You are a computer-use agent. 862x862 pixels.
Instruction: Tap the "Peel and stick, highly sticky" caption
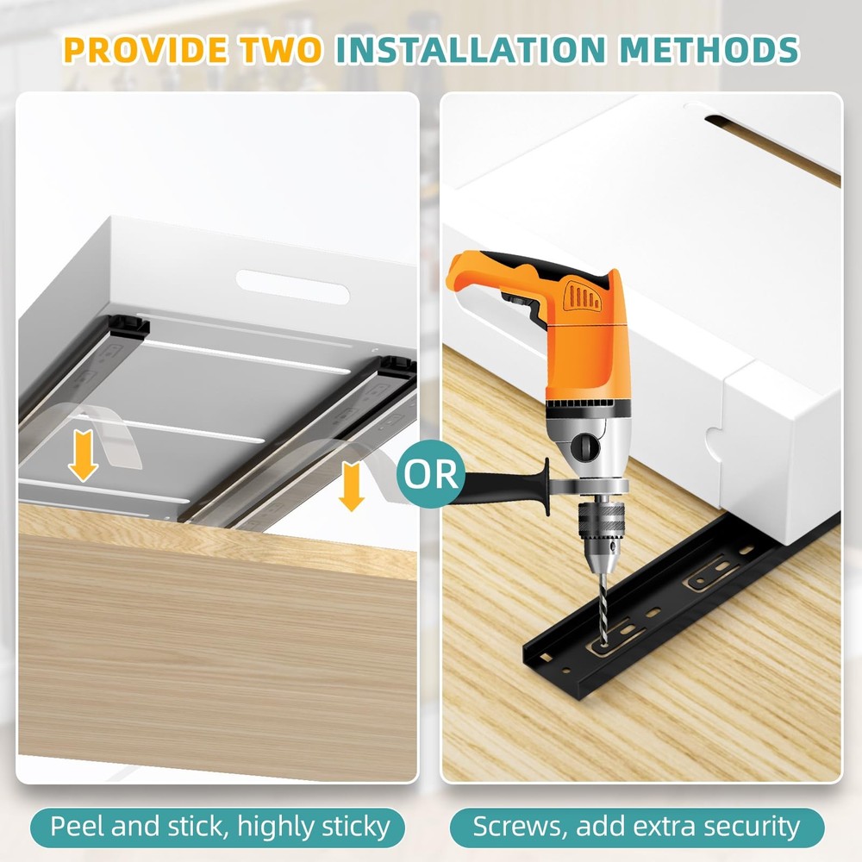coord(220,827)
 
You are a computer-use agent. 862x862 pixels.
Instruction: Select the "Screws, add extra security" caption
coord(637,827)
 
